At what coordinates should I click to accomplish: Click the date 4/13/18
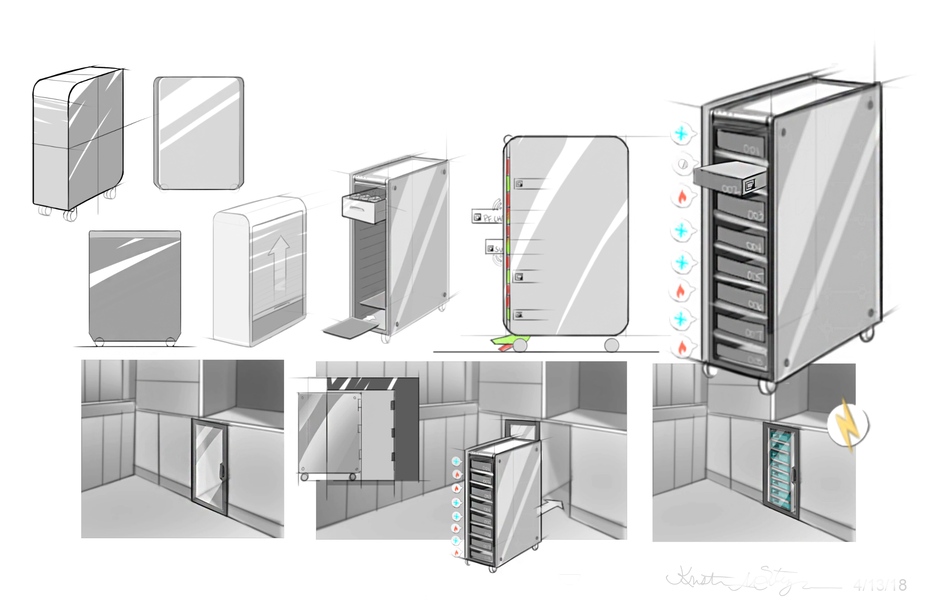click(x=880, y=585)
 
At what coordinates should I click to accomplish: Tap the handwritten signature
click(x=733, y=579)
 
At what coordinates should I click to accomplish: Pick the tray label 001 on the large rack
click(x=751, y=149)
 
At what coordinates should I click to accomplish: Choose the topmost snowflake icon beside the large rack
click(x=681, y=134)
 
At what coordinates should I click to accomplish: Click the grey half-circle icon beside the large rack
click(x=683, y=164)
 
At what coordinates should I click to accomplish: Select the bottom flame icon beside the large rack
click(x=682, y=347)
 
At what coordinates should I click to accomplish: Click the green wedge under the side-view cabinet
click(x=508, y=340)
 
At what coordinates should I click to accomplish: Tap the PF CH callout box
click(x=487, y=217)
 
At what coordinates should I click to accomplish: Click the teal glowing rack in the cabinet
click(x=780, y=469)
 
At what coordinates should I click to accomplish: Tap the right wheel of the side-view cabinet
click(x=611, y=345)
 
